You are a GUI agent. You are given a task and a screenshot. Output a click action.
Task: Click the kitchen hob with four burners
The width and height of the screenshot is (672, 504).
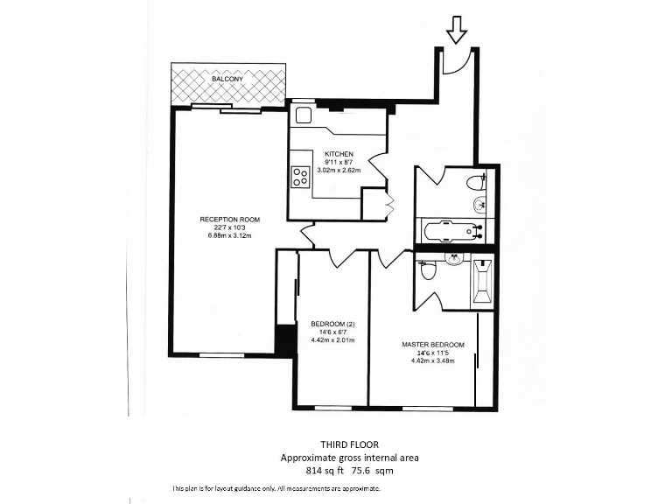[x=300, y=177]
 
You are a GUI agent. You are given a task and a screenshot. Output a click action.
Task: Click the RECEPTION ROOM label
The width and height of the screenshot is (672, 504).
[x=230, y=219]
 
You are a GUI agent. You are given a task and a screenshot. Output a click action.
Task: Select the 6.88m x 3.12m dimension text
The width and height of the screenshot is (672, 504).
[x=230, y=236]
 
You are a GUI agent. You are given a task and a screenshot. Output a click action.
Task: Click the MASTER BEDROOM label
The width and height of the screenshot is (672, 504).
[x=433, y=345]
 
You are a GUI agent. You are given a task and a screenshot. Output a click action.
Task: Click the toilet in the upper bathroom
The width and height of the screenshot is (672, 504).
[x=476, y=183]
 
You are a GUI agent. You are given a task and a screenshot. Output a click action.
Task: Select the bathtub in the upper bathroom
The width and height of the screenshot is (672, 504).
[x=451, y=232]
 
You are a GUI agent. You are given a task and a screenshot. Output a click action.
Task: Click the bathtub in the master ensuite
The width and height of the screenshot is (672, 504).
[x=481, y=283]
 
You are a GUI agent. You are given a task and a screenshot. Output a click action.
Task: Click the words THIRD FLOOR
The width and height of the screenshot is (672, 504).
[x=349, y=444]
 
